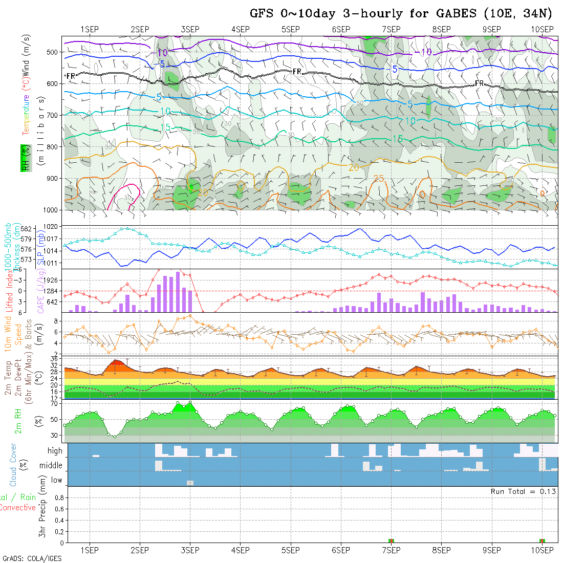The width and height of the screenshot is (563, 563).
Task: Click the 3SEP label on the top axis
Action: coord(190,29)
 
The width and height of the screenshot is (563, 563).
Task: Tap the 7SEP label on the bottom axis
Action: coord(391,550)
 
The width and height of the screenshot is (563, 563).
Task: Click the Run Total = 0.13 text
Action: coord(523,491)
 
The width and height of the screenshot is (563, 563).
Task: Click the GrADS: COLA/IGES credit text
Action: coord(32,558)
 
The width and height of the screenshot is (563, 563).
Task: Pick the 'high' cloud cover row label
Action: coord(55,451)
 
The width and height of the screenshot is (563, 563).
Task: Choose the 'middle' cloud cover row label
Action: coord(51,466)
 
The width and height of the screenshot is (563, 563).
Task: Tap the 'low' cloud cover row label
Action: coord(56,480)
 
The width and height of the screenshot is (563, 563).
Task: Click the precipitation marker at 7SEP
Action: coord(391,540)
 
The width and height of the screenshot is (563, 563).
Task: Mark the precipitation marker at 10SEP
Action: coord(542,540)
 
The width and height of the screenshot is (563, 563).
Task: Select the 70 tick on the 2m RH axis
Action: coord(53,403)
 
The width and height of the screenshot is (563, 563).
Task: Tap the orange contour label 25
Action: coord(379,178)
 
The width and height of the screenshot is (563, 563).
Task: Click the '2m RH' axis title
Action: coord(18,421)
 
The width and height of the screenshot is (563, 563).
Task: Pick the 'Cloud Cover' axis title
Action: coord(13,465)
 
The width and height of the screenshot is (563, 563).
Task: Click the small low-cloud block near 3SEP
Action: coord(190,483)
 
